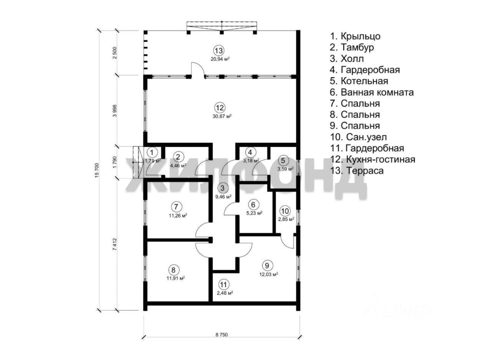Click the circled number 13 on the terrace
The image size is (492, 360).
coord(219,51)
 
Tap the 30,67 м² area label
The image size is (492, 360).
coord(222,116)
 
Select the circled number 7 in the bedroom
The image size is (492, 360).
coord(176,207)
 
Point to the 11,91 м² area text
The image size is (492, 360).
coord(176,278)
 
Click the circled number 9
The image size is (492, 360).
coord(267,265)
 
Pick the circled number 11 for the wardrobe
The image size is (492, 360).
coord(223,285)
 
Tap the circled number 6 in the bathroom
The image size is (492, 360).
coord(253,204)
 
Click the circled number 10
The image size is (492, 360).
coord(285,211)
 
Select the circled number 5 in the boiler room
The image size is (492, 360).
coord(283,161)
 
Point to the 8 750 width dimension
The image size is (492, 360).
coord(222,335)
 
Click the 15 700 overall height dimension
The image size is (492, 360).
coord(97,170)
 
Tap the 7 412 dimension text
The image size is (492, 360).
coord(115,244)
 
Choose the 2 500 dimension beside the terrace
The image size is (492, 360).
coord(115,53)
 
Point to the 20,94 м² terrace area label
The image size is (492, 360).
coord(220,59)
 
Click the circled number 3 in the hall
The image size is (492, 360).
coord(223,188)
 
